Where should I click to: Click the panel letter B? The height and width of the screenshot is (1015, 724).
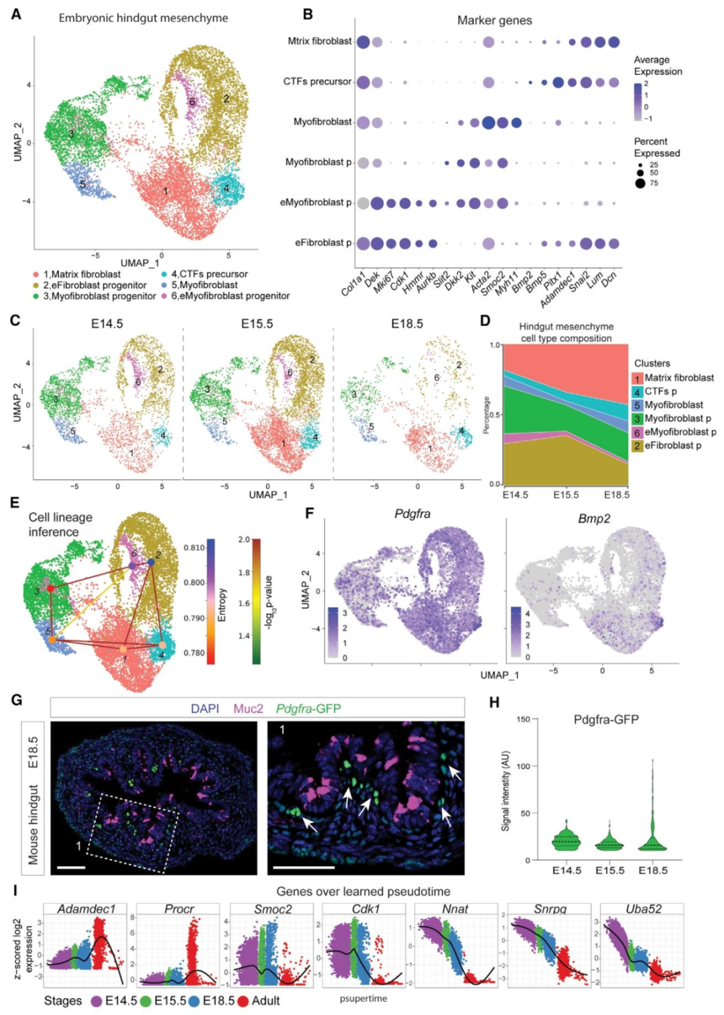(308, 14)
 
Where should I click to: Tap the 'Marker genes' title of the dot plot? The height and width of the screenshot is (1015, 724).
(494, 21)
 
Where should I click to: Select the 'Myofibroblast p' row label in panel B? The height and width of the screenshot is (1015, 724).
(318, 162)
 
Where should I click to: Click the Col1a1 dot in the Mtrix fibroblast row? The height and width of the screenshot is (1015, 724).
(363, 42)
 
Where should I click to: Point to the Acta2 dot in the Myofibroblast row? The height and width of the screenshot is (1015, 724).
(488, 122)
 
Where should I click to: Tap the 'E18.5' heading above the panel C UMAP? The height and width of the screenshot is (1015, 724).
(407, 324)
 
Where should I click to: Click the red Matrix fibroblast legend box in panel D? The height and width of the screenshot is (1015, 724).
(637, 378)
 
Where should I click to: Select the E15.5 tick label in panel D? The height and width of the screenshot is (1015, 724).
(566, 494)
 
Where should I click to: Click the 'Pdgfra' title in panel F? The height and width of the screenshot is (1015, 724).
(412, 514)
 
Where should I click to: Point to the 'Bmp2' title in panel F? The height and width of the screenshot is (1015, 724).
(594, 519)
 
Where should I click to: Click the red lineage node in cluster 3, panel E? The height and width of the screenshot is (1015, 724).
(50, 588)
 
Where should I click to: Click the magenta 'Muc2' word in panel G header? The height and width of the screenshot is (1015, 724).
(248, 708)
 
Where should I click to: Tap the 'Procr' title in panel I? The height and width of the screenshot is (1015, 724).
(179, 909)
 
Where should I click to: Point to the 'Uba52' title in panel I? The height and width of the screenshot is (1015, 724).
(644, 909)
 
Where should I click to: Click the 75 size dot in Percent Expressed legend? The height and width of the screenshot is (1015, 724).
(640, 183)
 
